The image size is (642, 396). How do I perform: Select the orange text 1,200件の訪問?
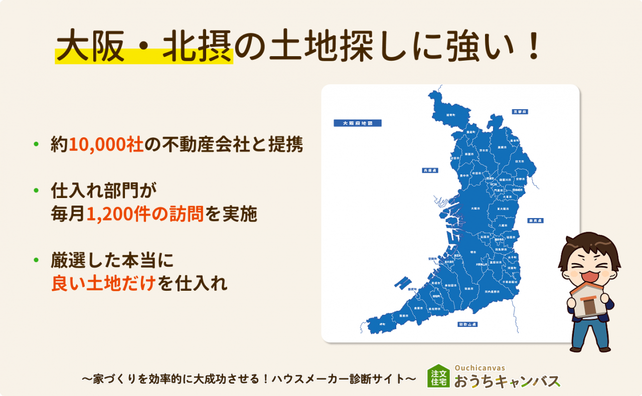[145, 215]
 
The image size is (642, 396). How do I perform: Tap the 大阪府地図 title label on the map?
[357, 123]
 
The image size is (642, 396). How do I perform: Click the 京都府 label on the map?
[520, 111]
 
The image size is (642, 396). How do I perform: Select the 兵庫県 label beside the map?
[430, 170]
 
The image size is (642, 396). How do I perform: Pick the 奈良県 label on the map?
[535, 220]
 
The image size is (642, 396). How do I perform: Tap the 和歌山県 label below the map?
[467, 324]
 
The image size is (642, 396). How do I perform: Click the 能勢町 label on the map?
[450, 115]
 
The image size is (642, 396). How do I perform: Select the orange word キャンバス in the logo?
[527, 382]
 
